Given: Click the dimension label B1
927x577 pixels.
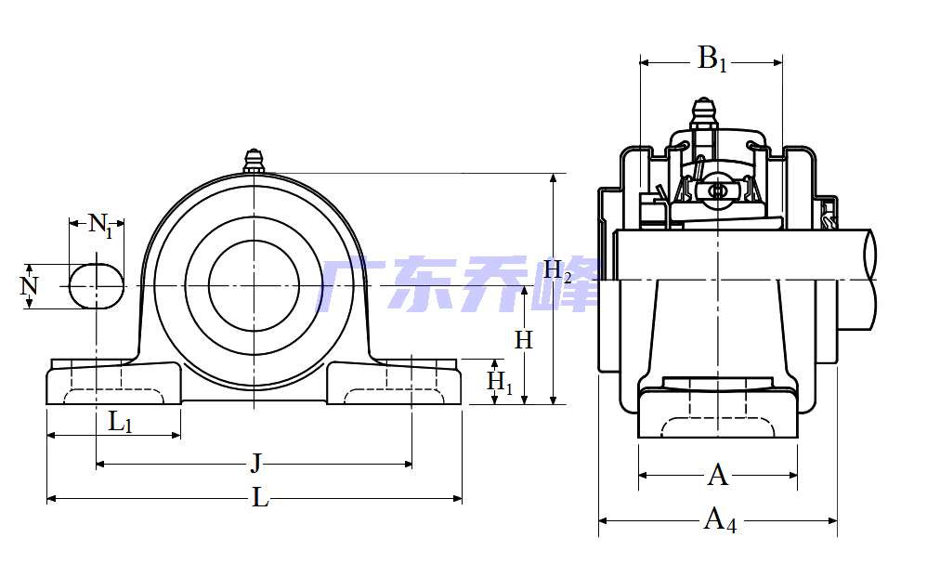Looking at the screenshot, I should pyautogui.click(x=712, y=60).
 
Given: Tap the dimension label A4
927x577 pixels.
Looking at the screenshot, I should pyautogui.click(x=719, y=519).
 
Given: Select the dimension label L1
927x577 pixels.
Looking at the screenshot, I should pyautogui.click(x=120, y=423).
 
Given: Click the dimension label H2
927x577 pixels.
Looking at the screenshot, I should pyautogui.click(x=557, y=271).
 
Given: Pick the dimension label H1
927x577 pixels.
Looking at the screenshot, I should pyautogui.click(x=500, y=381).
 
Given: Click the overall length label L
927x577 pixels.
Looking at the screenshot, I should pyautogui.click(x=260, y=498).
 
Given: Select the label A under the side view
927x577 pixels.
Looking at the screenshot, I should pyautogui.click(x=718, y=476).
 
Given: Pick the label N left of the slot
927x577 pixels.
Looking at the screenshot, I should pyautogui.click(x=30, y=285).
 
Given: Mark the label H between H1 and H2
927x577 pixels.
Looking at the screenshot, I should pyautogui.click(x=524, y=340).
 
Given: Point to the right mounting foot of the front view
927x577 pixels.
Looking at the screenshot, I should pyautogui.click(x=394, y=384).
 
